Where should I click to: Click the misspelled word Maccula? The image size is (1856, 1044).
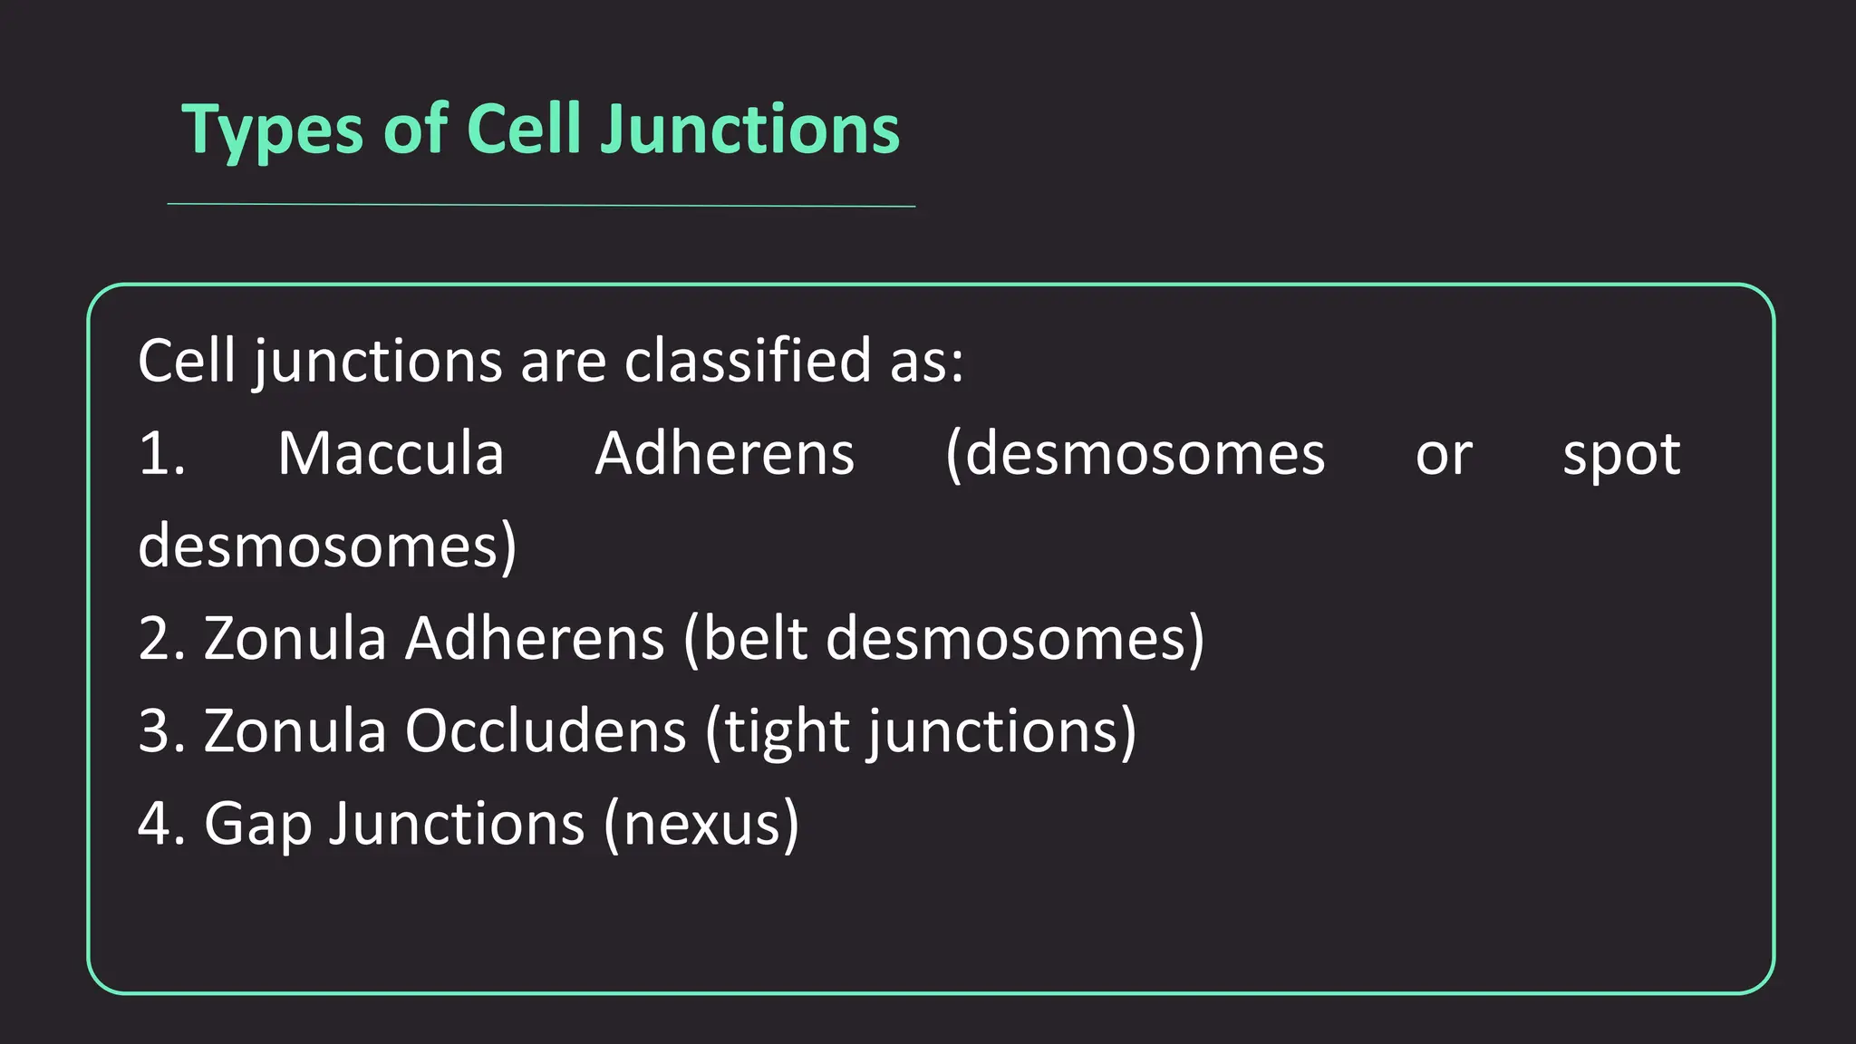click(x=391, y=453)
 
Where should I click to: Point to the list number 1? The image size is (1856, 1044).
click(x=161, y=453)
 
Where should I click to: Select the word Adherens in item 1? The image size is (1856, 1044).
click(x=724, y=453)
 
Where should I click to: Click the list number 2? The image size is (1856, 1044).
click(x=161, y=638)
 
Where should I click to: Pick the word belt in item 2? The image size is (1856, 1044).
click(x=754, y=638)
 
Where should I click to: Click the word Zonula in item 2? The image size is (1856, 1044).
click(x=295, y=638)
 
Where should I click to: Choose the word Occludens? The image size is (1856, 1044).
click(x=546, y=730)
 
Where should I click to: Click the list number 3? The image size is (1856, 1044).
click(x=161, y=730)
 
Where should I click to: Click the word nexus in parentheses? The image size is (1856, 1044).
click(x=701, y=825)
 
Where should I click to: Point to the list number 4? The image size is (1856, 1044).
click(x=161, y=823)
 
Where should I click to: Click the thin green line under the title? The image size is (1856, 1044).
click(x=541, y=205)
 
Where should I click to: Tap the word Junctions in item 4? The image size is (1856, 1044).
click(x=456, y=823)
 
